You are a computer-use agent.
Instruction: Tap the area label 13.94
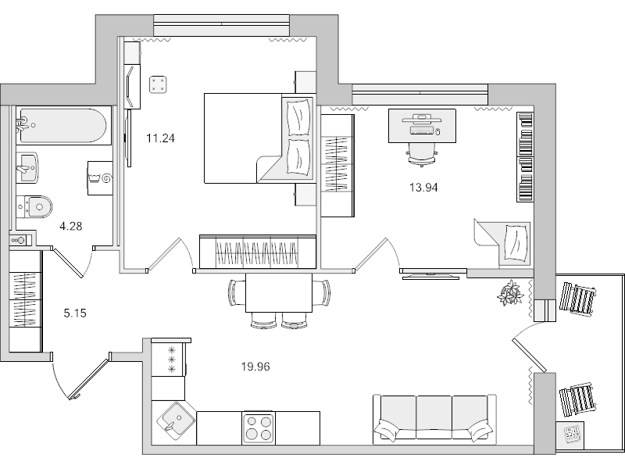pos(423,187)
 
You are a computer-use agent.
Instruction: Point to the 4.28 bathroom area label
pos(71,227)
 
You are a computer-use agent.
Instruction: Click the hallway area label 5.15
pos(75,313)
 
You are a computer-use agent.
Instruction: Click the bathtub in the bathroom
pos(62,125)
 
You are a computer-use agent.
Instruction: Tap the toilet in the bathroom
pos(34,206)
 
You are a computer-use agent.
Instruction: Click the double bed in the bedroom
pos(250,138)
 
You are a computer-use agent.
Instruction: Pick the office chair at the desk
pos(420,149)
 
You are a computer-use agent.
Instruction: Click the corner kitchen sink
pos(176,421)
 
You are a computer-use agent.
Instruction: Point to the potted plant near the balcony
pos(511,292)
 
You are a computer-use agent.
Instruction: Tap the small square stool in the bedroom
pos(159,83)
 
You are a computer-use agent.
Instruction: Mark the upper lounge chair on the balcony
pos(577,298)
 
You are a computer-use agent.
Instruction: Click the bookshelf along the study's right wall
pos(525,156)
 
